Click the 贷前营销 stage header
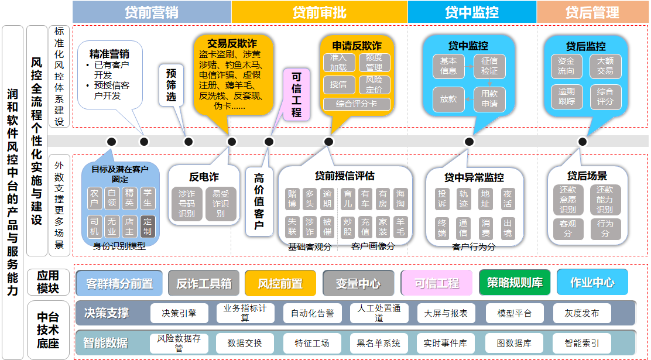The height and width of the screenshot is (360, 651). (x=152, y=12)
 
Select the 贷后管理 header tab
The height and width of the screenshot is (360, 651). (x=592, y=12)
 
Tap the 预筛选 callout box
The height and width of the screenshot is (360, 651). (x=171, y=85)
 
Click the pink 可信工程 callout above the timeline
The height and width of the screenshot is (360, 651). (x=297, y=94)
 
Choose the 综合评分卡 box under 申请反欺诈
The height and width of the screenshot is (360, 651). (x=357, y=104)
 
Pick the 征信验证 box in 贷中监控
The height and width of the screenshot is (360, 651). (x=489, y=66)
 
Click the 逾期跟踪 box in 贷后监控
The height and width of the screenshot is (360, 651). (x=566, y=96)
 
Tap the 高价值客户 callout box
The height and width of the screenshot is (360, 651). (x=259, y=201)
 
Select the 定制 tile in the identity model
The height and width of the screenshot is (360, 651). (x=148, y=227)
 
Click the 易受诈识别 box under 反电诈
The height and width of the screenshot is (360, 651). (x=221, y=204)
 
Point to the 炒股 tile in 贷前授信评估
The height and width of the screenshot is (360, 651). (x=348, y=227)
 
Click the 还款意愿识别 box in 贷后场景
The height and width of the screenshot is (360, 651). (x=568, y=199)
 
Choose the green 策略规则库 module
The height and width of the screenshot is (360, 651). (x=515, y=283)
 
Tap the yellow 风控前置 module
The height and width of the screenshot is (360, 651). (x=280, y=283)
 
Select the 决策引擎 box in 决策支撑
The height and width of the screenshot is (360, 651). (x=179, y=313)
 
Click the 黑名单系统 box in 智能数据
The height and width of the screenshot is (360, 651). (x=379, y=343)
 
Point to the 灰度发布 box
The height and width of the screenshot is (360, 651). (x=581, y=313)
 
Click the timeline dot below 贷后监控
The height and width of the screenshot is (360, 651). (x=582, y=142)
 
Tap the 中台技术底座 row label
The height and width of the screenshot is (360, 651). (x=49, y=331)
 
